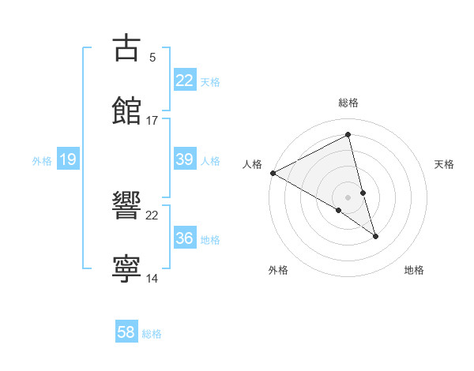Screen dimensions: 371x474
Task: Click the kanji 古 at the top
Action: click(x=126, y=48)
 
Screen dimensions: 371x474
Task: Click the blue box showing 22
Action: click(x=184, y=81)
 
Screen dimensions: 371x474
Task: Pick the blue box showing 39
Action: click(x=184, y=159)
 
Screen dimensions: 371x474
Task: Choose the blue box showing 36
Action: click(x=184, y=238)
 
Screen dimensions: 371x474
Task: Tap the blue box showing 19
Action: click(x=67, y=160)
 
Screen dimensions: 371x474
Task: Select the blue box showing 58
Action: click(x=126, y=333)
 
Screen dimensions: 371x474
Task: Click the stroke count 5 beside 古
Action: click(x=152, y=57)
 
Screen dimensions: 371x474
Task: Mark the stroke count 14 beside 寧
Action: click(x=152, y=278)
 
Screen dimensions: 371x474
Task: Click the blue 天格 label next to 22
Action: click(x=210, y=82)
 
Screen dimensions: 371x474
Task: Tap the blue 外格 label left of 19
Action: click(x=42, y=161)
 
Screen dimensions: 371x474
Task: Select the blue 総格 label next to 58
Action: click(x=152, y=334)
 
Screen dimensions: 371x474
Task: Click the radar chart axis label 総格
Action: click(x=348, y=103)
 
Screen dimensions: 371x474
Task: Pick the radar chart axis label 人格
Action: click(x=252, y=164)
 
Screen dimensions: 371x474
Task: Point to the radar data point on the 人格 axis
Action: click(x=273, y=173)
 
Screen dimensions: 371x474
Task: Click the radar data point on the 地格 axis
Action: click(x=375, y=236)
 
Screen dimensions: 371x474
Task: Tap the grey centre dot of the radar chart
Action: click(x=348, y=197)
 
